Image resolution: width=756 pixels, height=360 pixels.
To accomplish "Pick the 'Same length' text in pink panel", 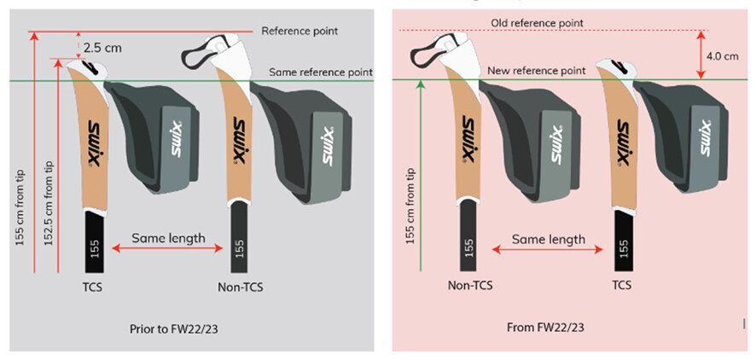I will (x=549, y=240).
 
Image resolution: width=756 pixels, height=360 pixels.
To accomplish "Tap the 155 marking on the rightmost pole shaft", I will (x=625, y=249).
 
